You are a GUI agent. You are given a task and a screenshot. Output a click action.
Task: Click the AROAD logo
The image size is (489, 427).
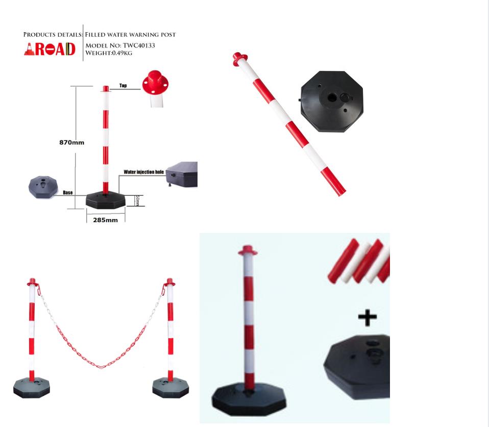click(50, 49)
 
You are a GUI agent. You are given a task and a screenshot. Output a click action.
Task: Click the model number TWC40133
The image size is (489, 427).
click(138, 45)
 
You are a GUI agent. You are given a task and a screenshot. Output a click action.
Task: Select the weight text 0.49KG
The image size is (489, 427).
click(121, 53)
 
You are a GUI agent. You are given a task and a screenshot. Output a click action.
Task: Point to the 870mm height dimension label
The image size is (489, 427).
click(72, 143)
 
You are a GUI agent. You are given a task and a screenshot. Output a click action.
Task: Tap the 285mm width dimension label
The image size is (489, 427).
click(105, 220)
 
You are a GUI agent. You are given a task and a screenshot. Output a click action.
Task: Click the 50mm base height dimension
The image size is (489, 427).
click(137, 200)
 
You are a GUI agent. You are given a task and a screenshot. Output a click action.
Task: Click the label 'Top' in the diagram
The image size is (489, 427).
click(123, 86)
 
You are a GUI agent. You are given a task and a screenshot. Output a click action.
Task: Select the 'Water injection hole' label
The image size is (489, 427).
click(143, 172)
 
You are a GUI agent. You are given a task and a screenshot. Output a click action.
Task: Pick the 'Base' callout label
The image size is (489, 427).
click(68, 193)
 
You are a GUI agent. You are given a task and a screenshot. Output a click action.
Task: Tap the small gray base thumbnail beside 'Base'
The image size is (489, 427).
click(43, 186)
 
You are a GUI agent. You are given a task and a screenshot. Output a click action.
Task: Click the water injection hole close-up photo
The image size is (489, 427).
click(182, 175)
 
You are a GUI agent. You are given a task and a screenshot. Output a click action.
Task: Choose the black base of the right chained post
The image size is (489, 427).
click(170, 387)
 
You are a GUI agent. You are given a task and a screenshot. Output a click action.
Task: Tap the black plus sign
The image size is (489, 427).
click(367, 318)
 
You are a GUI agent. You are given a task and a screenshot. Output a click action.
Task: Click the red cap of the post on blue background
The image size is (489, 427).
click(248, 251)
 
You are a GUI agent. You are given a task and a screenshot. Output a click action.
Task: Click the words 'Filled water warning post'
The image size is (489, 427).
click(130, 35)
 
